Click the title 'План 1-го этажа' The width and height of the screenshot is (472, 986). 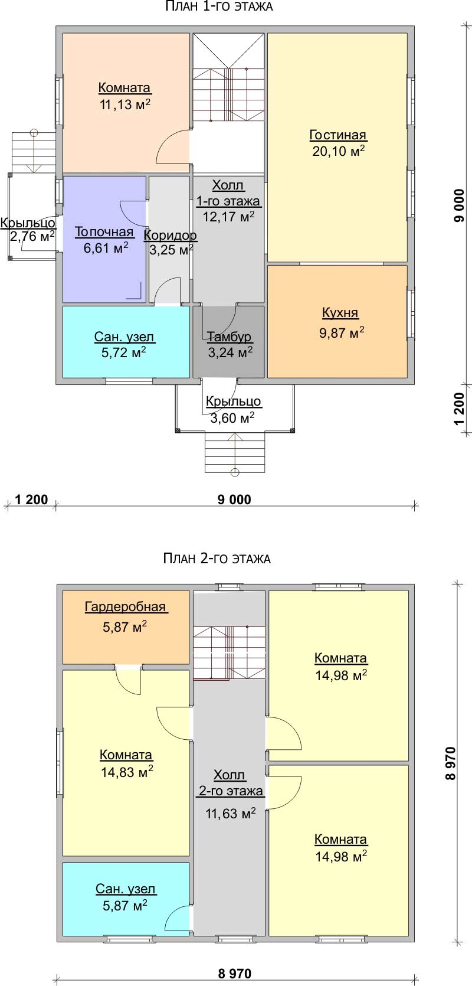219,6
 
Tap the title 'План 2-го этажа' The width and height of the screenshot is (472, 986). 217,559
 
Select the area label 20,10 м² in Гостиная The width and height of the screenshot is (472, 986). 338,151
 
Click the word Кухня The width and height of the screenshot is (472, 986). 340,313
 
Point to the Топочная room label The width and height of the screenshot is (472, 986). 104,232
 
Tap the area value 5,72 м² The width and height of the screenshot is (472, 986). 124,352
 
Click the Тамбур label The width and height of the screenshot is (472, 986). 229,337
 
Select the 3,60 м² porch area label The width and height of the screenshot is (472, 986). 232,417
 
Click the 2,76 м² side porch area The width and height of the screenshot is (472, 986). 32,236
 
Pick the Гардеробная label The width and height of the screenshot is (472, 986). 125,607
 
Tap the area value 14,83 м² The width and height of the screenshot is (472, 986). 127,772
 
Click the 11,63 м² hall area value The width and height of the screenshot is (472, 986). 231,814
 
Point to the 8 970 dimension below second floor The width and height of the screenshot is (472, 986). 234,973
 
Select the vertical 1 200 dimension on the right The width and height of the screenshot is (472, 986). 459,409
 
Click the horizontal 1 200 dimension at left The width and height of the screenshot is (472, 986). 31,499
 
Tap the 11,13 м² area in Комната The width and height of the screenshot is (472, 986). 125,105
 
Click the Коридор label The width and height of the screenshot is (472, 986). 171,236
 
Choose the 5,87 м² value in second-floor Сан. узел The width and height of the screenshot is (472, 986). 125,906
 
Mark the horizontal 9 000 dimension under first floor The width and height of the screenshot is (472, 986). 234,499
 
